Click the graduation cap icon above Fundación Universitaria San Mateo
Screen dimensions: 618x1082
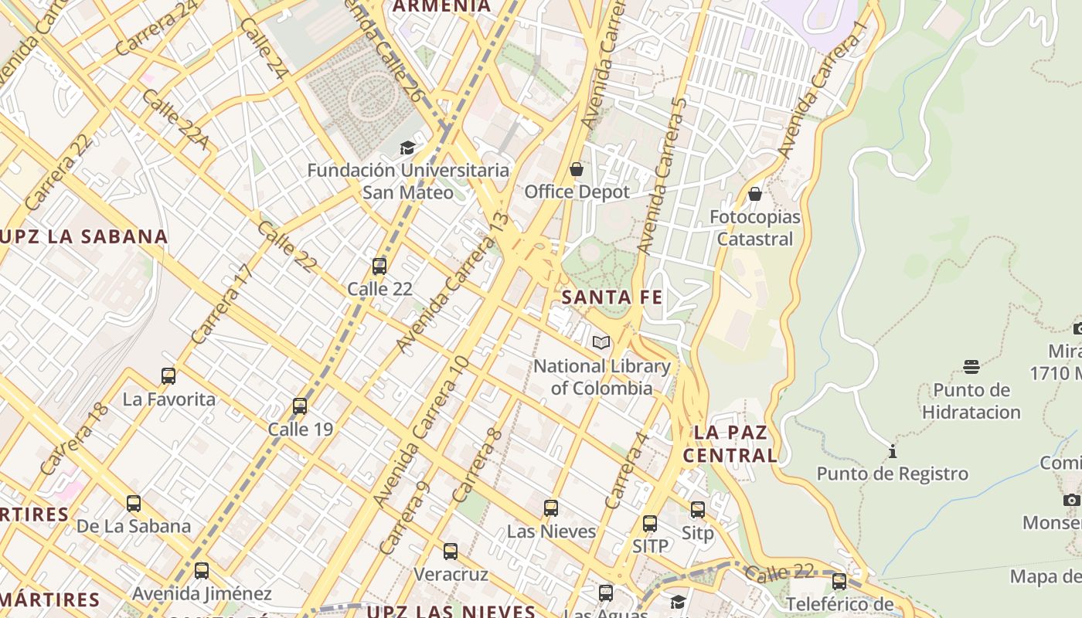pyautogui.click(x=407, y=148)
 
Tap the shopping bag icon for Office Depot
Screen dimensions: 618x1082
pyautogui.click(x=577, y=169)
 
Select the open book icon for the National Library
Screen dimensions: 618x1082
pyautogui.click(x=601, y=342)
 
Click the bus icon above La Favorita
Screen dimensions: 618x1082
pyautogui.click(x=168, y=376)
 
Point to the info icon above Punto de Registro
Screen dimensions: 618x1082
pyautogui.click(x=893, y=451)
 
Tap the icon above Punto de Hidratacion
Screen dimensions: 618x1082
pyautogui.click(x=971, y=367)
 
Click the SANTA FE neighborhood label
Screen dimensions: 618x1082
pyautogui.click(x=612, y=297)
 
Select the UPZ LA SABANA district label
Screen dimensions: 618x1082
pyautogui.click(x=83, y=237)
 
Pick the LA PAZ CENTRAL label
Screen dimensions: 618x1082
pyautogui.click(x=730, y=443)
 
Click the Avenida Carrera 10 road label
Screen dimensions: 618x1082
pyautogui.click(x=421, y=431)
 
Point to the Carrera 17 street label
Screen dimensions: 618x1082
pyautogui.click(x=222, y=304)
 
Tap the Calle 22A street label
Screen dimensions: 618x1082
pyautogui.click(x=175, y=120)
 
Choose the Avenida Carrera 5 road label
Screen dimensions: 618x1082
pyautogui.click(x=662, y=175)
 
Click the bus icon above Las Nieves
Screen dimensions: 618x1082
pyautogui.click(x=551, y=508)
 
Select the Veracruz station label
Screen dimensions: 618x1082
pyautogui.click(x=451, y=575)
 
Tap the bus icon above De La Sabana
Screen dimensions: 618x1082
pyautogui.click(x=134, y=504)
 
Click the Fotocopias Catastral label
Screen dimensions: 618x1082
pyautogui.click(x=755, y=228)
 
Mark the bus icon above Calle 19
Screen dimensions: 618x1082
pyautogui.click(x=300, y=406)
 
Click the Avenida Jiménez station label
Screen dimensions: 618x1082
pyautogui.click(x=202, y=594)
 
